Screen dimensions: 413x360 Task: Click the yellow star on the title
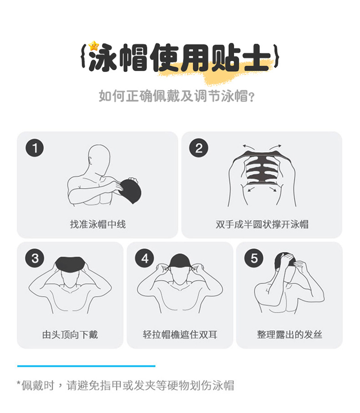(x=94, y=46)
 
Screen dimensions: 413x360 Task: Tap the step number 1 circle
(x=35, y=149)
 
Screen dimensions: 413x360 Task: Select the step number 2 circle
(x=199, y=149)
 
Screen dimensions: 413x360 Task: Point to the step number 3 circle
(x=35, y=258)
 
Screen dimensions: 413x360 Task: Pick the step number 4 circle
(x=144, y=258)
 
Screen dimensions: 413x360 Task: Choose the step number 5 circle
(x=254, y=258)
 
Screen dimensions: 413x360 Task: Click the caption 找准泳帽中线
(x=98, y=224)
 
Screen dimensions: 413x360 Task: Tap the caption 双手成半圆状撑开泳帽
(x=262, y=224)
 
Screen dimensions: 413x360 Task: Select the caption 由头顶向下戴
(x=70, y=335)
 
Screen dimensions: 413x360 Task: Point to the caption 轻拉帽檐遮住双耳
(x=180, y=335)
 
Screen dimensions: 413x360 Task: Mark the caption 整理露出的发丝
(x=289, y=335)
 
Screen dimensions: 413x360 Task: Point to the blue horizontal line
(x=86, y=366)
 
